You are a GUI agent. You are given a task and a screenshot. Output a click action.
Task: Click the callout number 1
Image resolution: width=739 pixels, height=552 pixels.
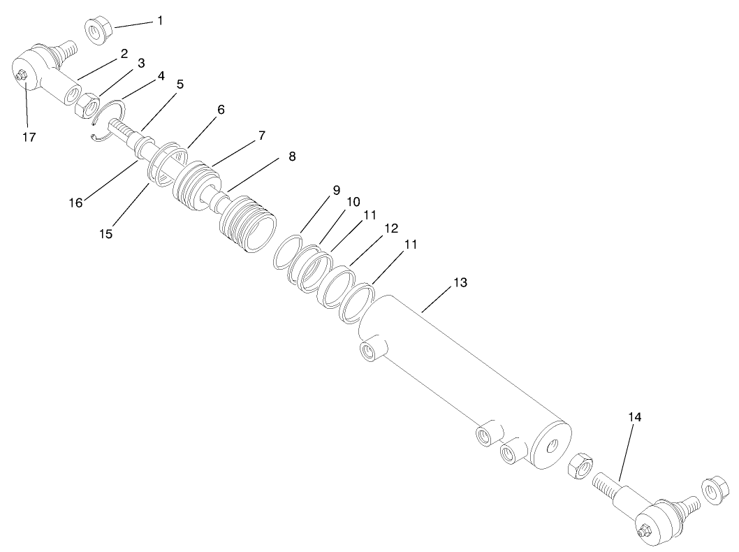point(159,21)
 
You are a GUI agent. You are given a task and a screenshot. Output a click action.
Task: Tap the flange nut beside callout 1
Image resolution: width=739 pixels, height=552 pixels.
point(98,31)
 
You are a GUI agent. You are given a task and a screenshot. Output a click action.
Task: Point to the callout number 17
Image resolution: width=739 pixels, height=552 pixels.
point(28,137)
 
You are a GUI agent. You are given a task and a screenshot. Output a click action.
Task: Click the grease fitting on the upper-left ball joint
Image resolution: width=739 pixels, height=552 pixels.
point(21,75)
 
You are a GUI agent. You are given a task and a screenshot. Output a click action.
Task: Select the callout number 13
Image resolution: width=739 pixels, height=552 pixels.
point(460,283)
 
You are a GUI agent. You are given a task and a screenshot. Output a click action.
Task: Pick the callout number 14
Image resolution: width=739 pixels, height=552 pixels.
point(634,417)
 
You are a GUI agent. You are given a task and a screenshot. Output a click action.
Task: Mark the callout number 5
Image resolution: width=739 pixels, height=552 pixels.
point(180,85)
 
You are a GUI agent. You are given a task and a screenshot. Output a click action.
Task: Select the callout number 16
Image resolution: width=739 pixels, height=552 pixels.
point(75,203)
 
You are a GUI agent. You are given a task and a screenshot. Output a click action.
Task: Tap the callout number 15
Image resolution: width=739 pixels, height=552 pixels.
point(105,233)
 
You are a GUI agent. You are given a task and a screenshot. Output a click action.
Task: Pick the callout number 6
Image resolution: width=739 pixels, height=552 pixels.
point(221,111)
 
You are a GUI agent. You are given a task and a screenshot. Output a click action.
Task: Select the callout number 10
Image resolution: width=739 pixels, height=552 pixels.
point(353,201)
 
